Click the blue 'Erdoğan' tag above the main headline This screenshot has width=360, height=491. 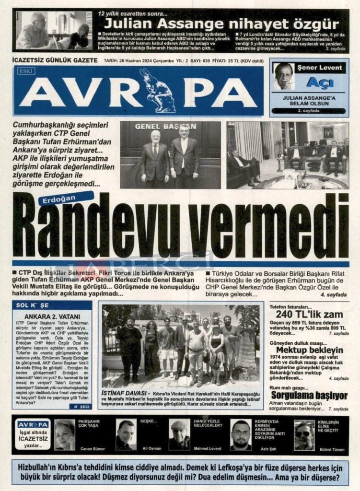coord(66,197)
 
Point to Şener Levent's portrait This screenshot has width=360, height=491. coord(284,76)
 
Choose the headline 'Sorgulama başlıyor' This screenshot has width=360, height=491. coord(309,395)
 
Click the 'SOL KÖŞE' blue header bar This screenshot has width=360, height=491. coord(52,305)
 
